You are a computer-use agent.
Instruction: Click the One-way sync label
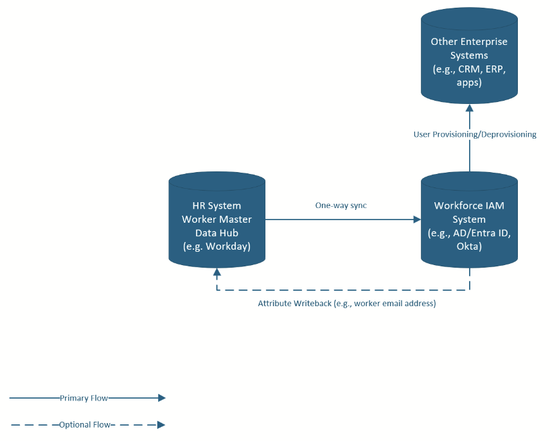tap(341, 205)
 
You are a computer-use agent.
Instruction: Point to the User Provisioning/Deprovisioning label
tap(475, 134)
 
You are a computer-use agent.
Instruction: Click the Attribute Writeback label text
tap(347, 304)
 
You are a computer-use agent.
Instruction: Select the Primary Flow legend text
tap(84, 398)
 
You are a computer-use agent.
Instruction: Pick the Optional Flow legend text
tap(84, 425)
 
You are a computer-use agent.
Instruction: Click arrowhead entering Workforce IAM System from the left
tap(417, 220)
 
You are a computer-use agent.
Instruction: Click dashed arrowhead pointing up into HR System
tap(217, 272)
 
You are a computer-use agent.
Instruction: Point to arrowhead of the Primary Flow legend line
tap(161, 398)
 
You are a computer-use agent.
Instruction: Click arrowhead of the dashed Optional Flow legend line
tap(161, 425)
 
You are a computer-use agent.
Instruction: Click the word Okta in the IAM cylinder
tap(469, 246)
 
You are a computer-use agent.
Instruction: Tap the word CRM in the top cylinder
tap(470, 69)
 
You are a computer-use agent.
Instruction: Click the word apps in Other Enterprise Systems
tap(469, 83)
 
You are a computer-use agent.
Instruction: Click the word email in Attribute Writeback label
tap(393, 304)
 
